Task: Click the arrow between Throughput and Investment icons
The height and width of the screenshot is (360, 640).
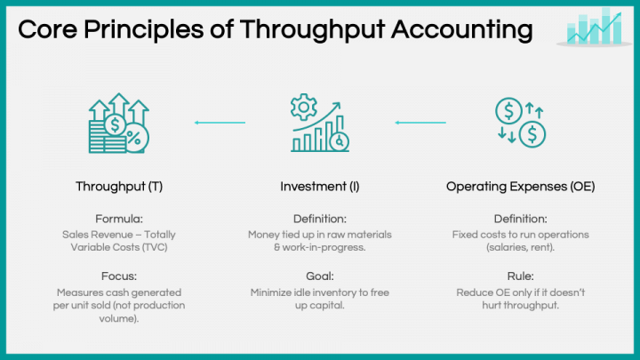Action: tap(220, 122)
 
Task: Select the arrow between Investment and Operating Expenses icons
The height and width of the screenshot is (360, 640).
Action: tap(420, 122)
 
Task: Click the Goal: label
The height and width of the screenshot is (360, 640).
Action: tap(320, 276)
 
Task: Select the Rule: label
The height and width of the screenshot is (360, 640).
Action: tap(520, 276)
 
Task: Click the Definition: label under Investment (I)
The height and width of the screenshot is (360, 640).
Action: tap(320, 219)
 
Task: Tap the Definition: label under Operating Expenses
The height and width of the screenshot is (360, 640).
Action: tap(520, 219)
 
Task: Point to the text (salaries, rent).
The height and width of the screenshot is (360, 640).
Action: tap(520, 248)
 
